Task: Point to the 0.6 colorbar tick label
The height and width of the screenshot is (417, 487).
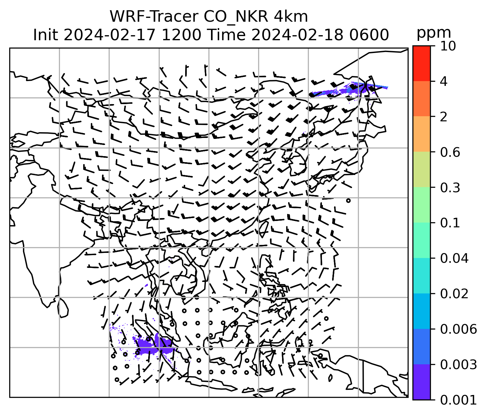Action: (450, 153)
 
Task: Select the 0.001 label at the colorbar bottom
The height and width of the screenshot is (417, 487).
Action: (458, 400)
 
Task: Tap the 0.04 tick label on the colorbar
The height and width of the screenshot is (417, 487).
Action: (454, 258)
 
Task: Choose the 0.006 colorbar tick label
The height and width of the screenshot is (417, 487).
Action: (458, 329)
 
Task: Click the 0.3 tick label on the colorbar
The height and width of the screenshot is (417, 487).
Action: (450, 188)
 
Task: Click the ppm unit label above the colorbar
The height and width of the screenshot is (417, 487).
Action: (434, 33)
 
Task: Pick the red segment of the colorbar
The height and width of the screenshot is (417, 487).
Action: (421, 63)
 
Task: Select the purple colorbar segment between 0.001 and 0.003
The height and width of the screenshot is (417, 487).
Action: (421, 382)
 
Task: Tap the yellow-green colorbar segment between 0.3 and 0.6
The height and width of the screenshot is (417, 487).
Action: (421, 170)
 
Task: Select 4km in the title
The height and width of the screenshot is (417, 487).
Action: (290, 17)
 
